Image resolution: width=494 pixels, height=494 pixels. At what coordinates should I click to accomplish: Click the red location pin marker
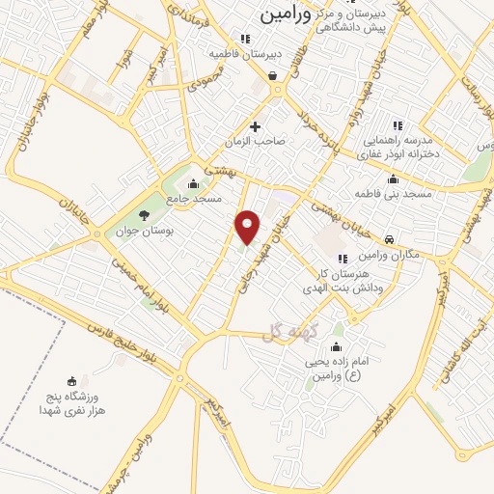tap(248, 226)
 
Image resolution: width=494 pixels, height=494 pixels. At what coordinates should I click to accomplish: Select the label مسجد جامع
tap(194, 198)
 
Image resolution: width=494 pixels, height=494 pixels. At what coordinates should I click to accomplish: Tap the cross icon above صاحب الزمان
tap(256, 125)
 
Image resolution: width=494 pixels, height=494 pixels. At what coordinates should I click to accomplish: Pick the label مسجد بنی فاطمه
tap(392, 194)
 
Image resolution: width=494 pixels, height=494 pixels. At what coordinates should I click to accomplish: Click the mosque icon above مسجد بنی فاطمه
tap(392, 178)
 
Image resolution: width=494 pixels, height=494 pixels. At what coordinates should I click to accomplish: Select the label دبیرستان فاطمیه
tap(275, 55)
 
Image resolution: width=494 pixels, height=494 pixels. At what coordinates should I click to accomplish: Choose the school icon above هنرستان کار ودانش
tap(343, 258)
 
